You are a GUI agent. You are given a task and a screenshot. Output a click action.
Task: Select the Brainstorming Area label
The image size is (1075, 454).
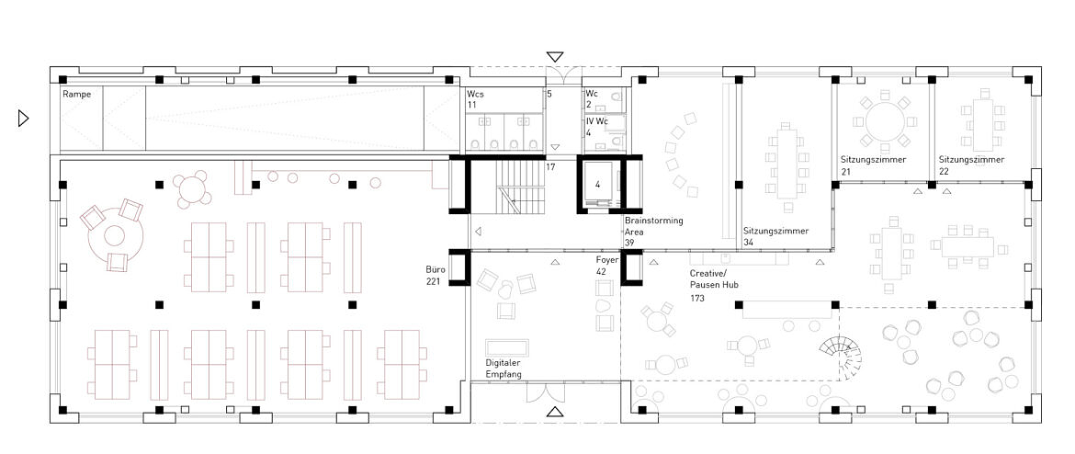(x=653, y=232)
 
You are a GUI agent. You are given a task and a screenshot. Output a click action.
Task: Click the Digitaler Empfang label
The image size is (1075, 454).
(x=504, y=369)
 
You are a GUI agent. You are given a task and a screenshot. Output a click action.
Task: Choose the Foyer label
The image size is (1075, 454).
(x=607, y=267)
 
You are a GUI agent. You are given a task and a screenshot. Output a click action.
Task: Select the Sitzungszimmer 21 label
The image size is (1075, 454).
(x=874, y=165)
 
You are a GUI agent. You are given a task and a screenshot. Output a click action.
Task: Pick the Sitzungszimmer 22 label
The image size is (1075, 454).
(x=971, y=165)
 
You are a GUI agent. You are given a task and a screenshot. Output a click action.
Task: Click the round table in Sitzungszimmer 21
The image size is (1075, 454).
(x=885, y=121)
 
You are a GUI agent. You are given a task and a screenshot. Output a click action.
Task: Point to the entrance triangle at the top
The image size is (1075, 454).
(x=555, y=57)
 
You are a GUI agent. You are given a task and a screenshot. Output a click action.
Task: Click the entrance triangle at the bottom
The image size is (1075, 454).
(x=555, y=412)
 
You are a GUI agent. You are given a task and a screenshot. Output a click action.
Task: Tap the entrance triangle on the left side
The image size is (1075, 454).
(x=23, y=119)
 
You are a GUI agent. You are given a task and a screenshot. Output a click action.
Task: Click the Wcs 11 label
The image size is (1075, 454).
(x=477, y=99)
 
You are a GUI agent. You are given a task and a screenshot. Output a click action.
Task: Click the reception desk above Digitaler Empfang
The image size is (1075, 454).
(x=506, y=347)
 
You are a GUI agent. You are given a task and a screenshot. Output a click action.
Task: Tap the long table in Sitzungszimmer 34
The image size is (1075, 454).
(x=787, y=162)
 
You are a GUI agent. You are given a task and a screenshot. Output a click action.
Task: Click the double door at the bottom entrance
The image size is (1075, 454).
(x=546, y=393)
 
